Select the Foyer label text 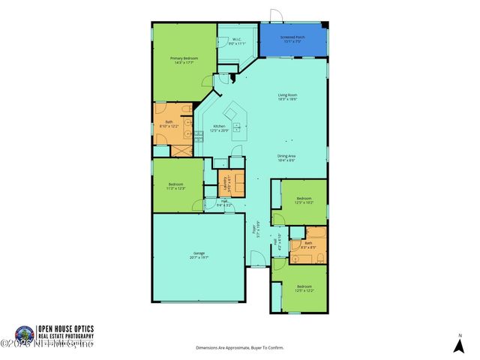(x=256, y=227)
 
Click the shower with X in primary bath (x=182, y=148)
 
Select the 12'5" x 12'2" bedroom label (x=304, y=289)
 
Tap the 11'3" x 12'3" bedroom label (x=176, y=186)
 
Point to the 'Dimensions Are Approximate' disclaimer (x=240, y=348)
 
